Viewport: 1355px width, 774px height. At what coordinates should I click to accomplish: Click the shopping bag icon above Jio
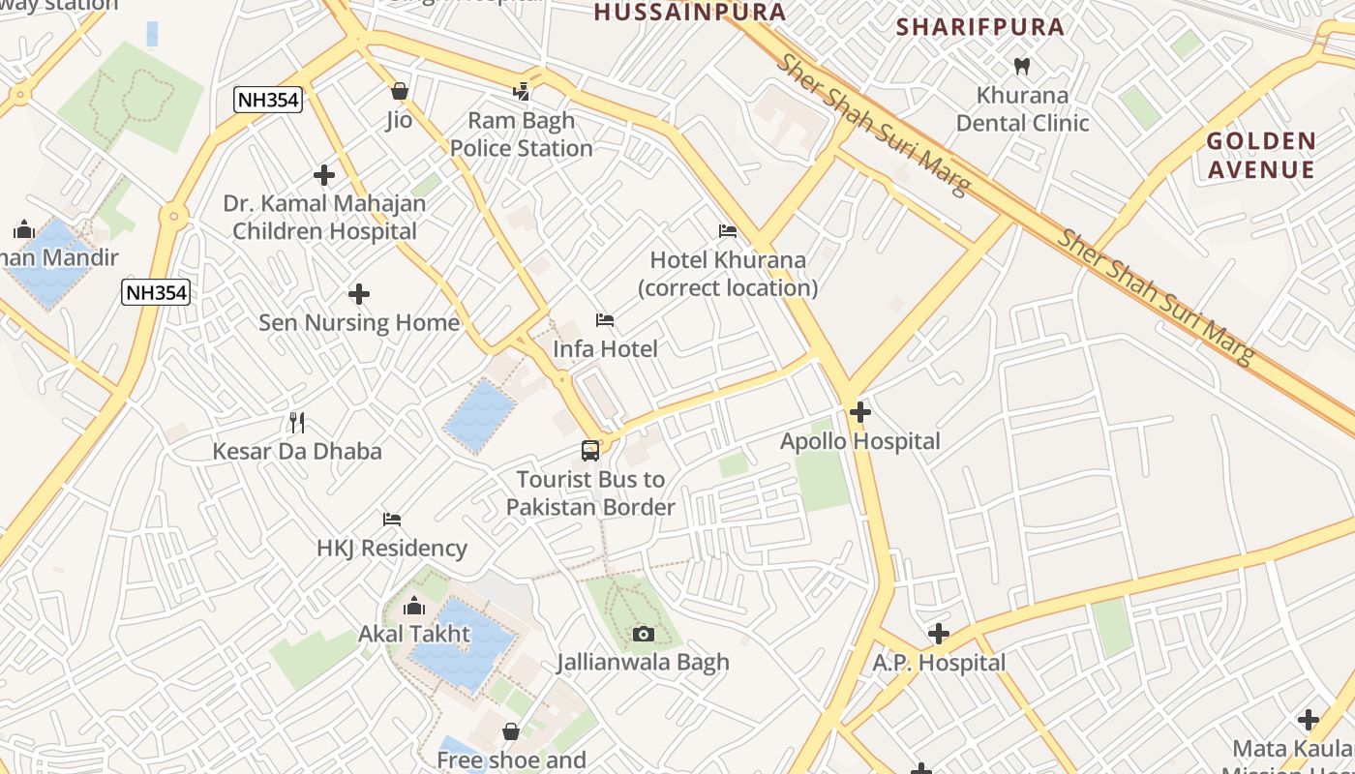399,92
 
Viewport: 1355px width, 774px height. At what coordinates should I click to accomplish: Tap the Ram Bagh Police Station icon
522,92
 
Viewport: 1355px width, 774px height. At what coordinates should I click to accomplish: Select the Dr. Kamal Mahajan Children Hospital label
324,218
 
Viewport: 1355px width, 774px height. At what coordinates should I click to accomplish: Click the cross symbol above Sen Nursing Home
359,293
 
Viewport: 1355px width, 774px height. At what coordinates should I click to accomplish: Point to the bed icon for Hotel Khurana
728,231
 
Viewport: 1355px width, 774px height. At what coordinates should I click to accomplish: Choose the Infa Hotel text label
605,348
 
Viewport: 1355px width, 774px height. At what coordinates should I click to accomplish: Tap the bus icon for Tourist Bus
590,450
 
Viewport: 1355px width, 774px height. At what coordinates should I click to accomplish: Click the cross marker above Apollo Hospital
859,412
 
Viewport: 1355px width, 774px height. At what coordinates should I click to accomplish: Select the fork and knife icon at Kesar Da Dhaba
297,422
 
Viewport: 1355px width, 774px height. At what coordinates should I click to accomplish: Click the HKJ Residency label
392,548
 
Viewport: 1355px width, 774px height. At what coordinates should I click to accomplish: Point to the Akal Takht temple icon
414,607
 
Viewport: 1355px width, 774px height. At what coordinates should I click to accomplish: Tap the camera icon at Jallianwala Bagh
643,634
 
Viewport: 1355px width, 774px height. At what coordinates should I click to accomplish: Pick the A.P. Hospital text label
939,663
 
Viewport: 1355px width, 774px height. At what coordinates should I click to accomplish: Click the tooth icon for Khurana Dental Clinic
1021,67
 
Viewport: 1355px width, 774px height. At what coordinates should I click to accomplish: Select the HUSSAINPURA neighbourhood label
689,13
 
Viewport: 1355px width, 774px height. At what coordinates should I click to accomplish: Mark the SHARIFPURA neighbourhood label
980,27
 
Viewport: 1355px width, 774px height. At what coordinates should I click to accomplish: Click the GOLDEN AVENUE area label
1260,156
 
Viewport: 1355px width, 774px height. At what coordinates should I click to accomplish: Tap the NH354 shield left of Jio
267,100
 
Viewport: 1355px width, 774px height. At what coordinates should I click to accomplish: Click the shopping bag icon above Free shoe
510,731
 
